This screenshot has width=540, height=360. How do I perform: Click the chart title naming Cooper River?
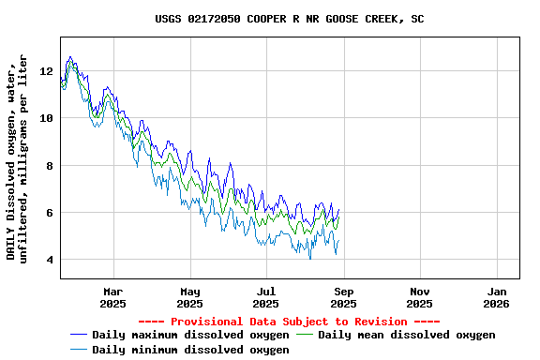pos(289,19)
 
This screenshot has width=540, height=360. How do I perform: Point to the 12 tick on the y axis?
pos(47,71)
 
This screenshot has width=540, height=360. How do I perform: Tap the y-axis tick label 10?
pos(47,118)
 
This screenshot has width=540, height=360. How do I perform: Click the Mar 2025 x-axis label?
pos(112,297)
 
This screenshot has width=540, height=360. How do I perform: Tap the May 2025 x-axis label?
pos(189,297)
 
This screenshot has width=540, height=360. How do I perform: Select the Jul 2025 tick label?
pos(266,297)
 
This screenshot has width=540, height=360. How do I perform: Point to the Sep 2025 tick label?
pos(343,297)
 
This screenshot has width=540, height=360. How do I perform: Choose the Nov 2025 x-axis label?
pos(420,297)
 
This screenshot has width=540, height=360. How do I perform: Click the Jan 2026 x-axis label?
pos(497,297)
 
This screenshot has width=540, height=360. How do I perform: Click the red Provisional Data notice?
pos(290,322)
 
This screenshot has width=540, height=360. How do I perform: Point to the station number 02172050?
pos(217,19)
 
